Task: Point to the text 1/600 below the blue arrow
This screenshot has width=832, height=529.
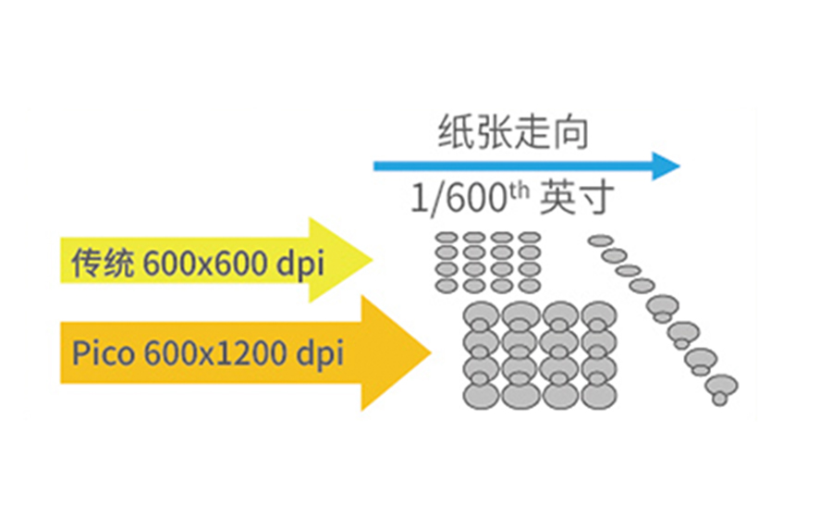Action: tap(458, 199)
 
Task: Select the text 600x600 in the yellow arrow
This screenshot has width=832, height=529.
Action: tap(204, 263)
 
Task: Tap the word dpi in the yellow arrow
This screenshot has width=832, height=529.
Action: tap(300, 263)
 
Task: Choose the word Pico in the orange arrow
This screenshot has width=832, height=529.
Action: tap(104, 353)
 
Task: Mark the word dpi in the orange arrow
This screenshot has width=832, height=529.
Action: tap(317, 353)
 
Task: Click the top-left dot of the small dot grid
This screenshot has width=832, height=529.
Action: tap(447, 238)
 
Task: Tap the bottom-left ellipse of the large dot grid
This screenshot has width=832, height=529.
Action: tap(479, 395)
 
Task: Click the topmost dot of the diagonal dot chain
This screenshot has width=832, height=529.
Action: tap(599, 241)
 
